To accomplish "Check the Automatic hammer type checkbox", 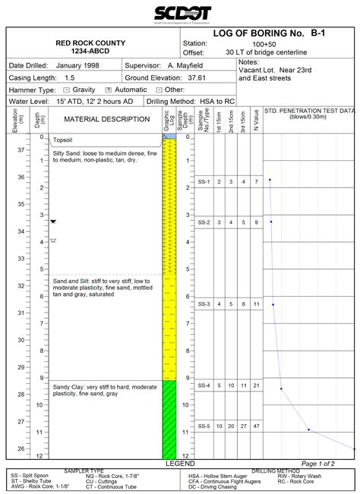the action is pyautogui.click(x=109, y=90).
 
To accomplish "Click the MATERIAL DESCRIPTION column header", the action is pyautogui.click(x=106, y=119).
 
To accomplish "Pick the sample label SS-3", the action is pyautogui.click(x=203, y=304).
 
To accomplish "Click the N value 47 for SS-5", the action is pyautogui.click(x=257, y=426).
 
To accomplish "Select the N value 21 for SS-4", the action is pyautogui.click(x=257, y=385).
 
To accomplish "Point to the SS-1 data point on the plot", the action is pyautogui.click(x=270, y=181).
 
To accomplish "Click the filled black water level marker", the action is pyautogui.click(x=53, y=221).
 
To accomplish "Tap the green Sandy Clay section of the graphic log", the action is pyautogui.click(x=169, y=417).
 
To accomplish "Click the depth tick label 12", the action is pyautogui.click(x=39, y=456).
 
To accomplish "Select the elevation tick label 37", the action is pyautogui.click(x=20, y=150).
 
